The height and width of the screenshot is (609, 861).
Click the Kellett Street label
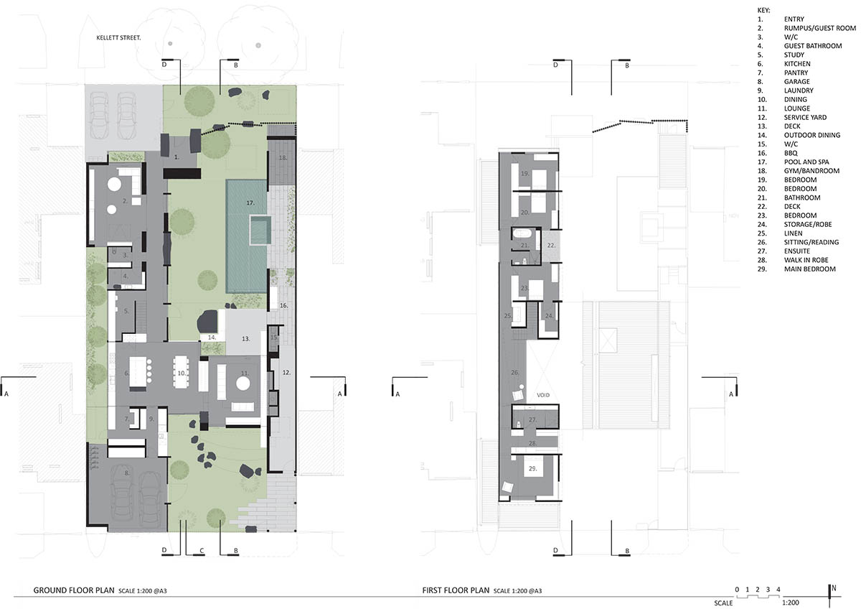pyautogui.click(x=118, y=37)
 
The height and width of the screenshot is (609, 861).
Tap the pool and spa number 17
pyautogui.click(x=250, y=203)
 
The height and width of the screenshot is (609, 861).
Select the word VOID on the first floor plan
pyautogui.click(x=543, y=395)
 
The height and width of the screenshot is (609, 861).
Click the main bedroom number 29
pyautogui.click(x=532, y=468)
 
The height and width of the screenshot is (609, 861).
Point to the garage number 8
pyautogui.click(x=126, y=473)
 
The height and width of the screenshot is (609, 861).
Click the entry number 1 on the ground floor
pyautogui.click(x=177, y=157)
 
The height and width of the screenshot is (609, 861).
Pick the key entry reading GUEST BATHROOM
pyautogui.click(x=813, y=46)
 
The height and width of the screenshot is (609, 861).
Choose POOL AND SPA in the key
pyautogui.click(x=806, y=162)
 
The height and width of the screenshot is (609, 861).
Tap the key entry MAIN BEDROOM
pyautogui.click(x=810, y=269)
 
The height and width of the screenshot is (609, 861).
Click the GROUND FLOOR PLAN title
pyautogui.click(x=74, y=590)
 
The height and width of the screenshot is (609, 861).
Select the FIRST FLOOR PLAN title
pyautogui.click(x=456, y=590)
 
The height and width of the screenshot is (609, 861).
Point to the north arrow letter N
pyautogui.click(x=834, y=588)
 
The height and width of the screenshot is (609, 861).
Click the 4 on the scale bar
pyautogui.click(x=778, y=590)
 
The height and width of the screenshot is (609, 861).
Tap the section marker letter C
pyautogui.click(x=202, y=551)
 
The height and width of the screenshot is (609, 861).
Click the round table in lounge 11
pyautogui.click(x=243, y=383)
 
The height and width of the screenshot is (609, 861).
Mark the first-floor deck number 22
pyautogui.click(x=551, y=245)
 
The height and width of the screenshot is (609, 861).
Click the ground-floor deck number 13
pyautogui.click(x=245, y=339)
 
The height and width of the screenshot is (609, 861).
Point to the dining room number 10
pyautogui.click(x=182, y=373)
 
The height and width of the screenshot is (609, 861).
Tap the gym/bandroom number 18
pyautogui.click(x=283, y=158)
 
